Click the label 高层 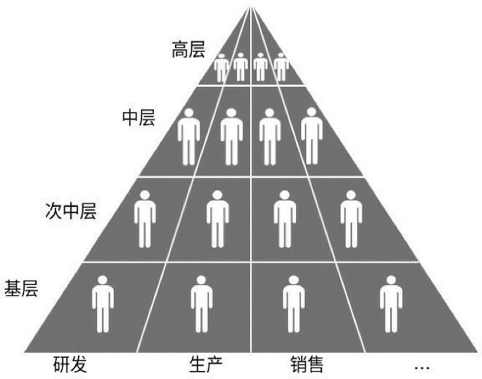coord(188,50)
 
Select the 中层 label coord(138,117)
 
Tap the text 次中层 coord(70,212)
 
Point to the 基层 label coord(21,286)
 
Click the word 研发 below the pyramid coord(70,364)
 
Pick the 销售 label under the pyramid coord(306,364)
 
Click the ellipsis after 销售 coord(421,365)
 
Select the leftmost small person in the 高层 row coord(222,68)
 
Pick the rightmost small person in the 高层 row coord(281,68)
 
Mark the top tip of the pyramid coord(251,6)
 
